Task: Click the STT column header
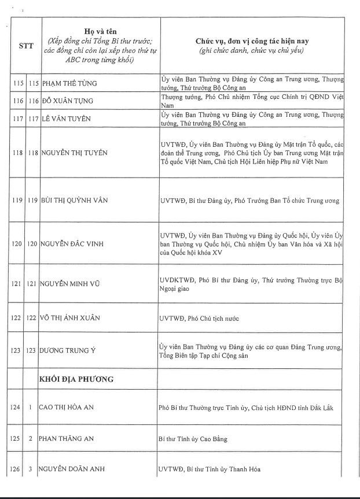26,46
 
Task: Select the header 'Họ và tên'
97,31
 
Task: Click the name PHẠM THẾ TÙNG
68,83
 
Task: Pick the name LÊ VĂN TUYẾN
67,119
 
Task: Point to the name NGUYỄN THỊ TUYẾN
73,153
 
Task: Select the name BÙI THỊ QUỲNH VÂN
74,201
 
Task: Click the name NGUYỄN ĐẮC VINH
72,244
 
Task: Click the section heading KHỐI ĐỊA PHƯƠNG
76,379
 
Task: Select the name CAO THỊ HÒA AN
66,408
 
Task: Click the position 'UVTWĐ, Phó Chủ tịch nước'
199,319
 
